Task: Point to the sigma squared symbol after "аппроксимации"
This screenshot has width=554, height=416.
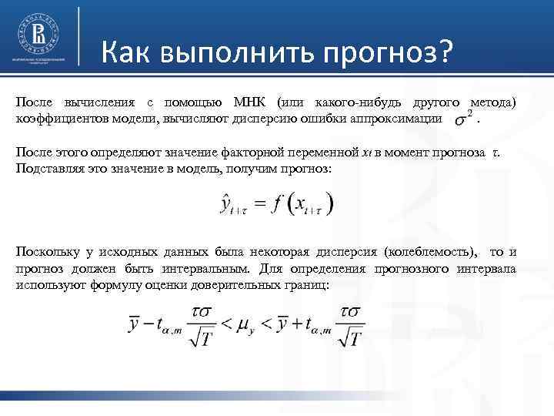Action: click(463, 119)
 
